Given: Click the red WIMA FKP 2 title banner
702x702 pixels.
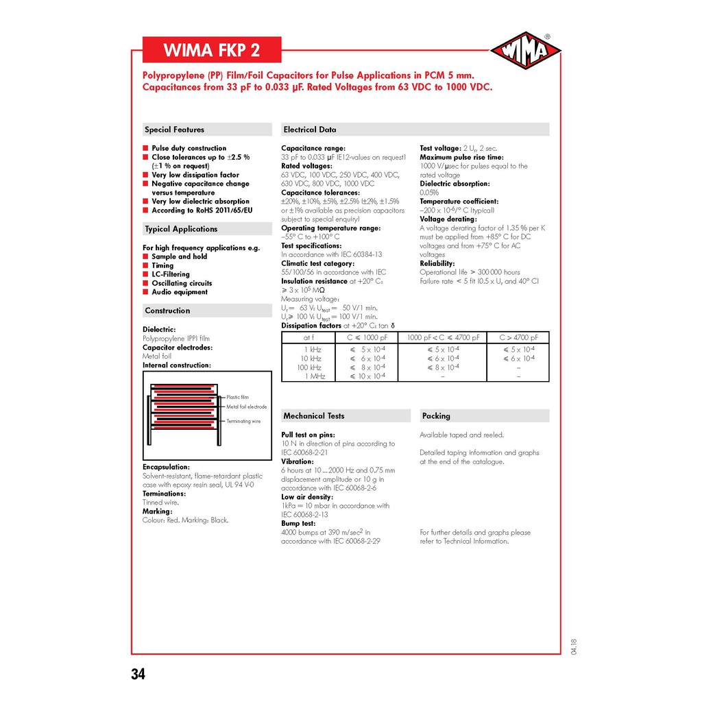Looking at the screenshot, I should point(212,51).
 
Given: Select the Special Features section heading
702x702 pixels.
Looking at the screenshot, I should point(174,130).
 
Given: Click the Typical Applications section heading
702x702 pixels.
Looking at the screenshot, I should point(181,229).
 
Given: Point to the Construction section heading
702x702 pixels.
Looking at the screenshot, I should point(167,311).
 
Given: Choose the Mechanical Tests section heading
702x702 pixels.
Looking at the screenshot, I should point(314,416).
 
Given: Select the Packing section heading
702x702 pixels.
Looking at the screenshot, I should point(436,416).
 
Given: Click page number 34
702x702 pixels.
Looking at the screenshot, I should point(138,674).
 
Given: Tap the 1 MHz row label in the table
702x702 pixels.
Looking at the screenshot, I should point(315,376).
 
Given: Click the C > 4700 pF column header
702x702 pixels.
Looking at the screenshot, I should point(518,337).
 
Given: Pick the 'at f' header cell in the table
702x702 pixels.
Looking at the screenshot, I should point(308,337).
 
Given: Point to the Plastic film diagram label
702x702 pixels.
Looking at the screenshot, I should point(238,398).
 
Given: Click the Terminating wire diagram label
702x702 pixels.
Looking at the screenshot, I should point(243,422).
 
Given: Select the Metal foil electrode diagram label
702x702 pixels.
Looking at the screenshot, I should point(247,407).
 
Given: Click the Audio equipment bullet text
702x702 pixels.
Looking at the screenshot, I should point(180,292).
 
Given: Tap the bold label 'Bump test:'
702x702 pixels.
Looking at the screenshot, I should point(298,523).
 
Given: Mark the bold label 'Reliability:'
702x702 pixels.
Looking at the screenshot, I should point(437,263).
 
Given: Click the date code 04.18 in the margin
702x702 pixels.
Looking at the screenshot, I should point(573,646).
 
